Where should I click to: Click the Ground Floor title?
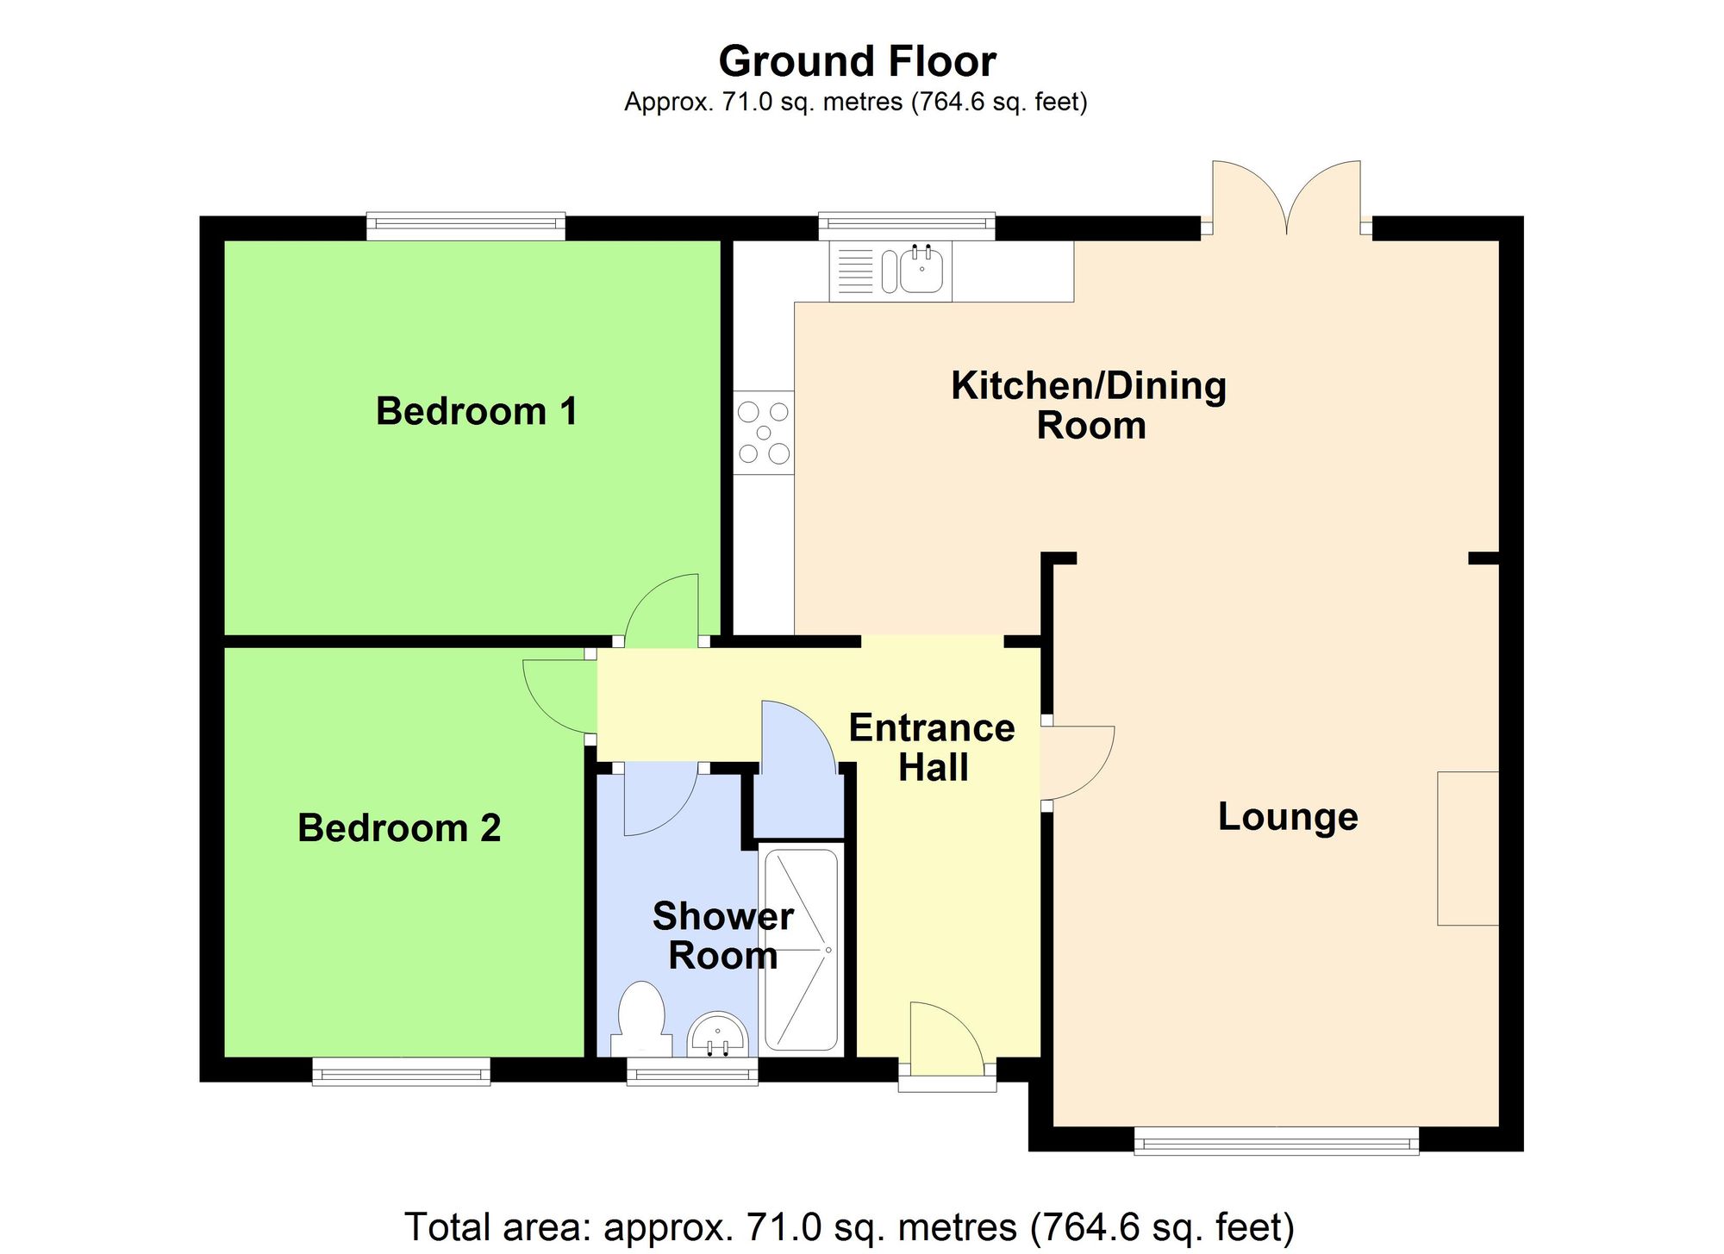(857, 62)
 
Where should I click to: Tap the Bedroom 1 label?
(476, 411)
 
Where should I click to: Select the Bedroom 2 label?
(399, 828)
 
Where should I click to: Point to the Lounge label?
(1287, 816)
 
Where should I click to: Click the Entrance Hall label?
(932, 747)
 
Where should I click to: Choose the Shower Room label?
(722, 935)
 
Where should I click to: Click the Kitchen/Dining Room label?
(1089, 405)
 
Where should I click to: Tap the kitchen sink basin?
(922, 271)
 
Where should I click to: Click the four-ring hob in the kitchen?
(764, 433)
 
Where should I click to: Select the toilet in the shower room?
(641, 1017)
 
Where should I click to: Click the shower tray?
(801, 950)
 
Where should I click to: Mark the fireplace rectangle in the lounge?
(1467, 848)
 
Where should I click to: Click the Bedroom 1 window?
(465, 227)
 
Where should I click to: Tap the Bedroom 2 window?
(401, 1071)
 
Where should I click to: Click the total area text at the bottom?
(849, 1226)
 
